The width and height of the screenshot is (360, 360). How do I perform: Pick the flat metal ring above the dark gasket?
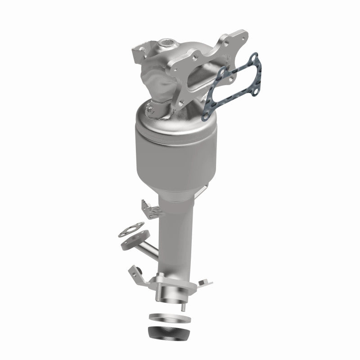tap(167, 318)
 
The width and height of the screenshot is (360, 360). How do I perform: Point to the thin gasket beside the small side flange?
tap(130, 230)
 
